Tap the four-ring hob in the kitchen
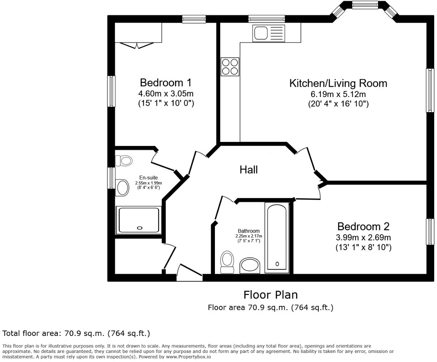230,67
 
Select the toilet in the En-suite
124,160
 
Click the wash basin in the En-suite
122,188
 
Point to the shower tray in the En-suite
138,220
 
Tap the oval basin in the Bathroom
250,265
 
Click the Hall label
249,169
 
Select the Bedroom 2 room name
363,227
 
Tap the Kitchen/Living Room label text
338,83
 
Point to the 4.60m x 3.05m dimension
166,94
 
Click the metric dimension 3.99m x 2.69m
363,238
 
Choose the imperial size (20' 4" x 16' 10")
338,104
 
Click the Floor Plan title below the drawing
270,295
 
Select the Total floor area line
76,333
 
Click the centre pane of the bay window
365,5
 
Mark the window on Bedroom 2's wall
430,232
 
